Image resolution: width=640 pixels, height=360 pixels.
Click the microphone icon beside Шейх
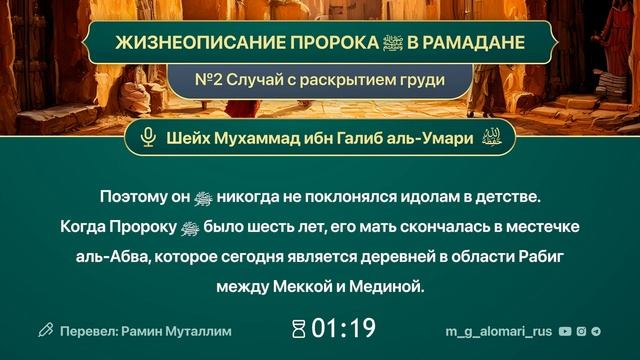[x=149, y=138]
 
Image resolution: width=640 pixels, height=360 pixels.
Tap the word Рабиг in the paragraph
[x=539, y=257]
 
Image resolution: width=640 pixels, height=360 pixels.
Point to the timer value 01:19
[x=343, y=328]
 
